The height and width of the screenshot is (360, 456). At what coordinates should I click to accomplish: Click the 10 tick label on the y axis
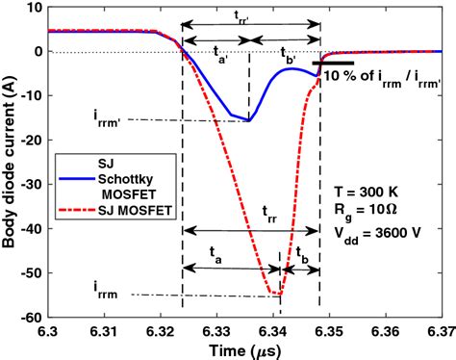click(33, 7)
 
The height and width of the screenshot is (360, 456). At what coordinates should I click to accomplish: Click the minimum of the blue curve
click(247, 120)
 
